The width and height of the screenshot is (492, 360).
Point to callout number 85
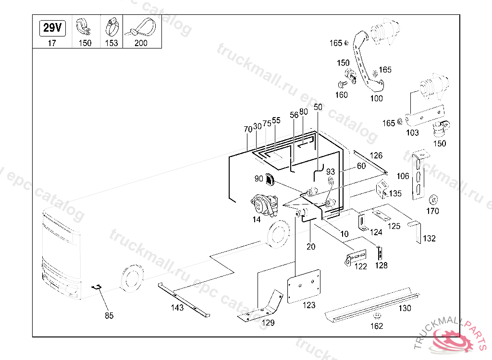[x=110, y=316]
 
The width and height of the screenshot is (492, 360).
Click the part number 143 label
[x=177, y=308]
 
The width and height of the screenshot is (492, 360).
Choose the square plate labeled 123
[x=304, y=286]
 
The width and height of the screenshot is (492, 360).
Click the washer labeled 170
[x=432, y=198]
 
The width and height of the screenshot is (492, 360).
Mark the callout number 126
[x=377, y=156]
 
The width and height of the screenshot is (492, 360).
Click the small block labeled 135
[x=383, y=188]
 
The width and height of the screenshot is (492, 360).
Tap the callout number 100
[x=377, y=98]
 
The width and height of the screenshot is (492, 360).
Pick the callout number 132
[x=429, y=239]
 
